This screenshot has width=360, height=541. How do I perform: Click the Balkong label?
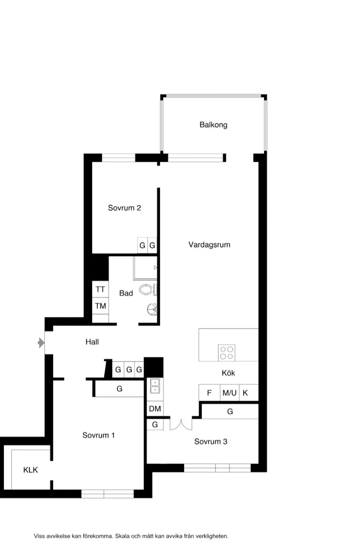[213, 125]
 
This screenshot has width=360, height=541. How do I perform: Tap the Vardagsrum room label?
[209, 245]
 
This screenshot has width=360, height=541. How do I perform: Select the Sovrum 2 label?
[124, 208]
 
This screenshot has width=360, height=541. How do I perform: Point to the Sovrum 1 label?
[99, 435]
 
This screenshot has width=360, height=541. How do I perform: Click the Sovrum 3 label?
[211, 442]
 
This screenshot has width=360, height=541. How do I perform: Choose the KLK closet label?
[31, 470]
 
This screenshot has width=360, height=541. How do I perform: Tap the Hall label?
[92, 342]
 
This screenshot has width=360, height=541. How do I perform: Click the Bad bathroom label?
[126, 293]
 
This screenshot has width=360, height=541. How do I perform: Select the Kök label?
[228, 373]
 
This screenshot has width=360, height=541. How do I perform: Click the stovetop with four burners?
[226, 353]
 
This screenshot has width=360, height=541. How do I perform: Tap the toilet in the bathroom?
[147, 289]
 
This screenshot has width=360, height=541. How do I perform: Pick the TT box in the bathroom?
[100, 289]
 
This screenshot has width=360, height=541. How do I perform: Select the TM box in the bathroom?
[100, 306]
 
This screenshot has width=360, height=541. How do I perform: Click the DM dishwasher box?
[155, 409]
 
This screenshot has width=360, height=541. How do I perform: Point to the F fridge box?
[209, 393]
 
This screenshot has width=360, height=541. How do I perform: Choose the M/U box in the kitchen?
[230, 393]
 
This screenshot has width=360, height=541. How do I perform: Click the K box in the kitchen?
[245, 393]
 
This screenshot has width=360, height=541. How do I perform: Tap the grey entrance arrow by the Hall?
[41, 343]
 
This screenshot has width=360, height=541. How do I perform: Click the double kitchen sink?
[155, 386]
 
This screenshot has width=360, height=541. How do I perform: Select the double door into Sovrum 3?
[181, 424]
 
